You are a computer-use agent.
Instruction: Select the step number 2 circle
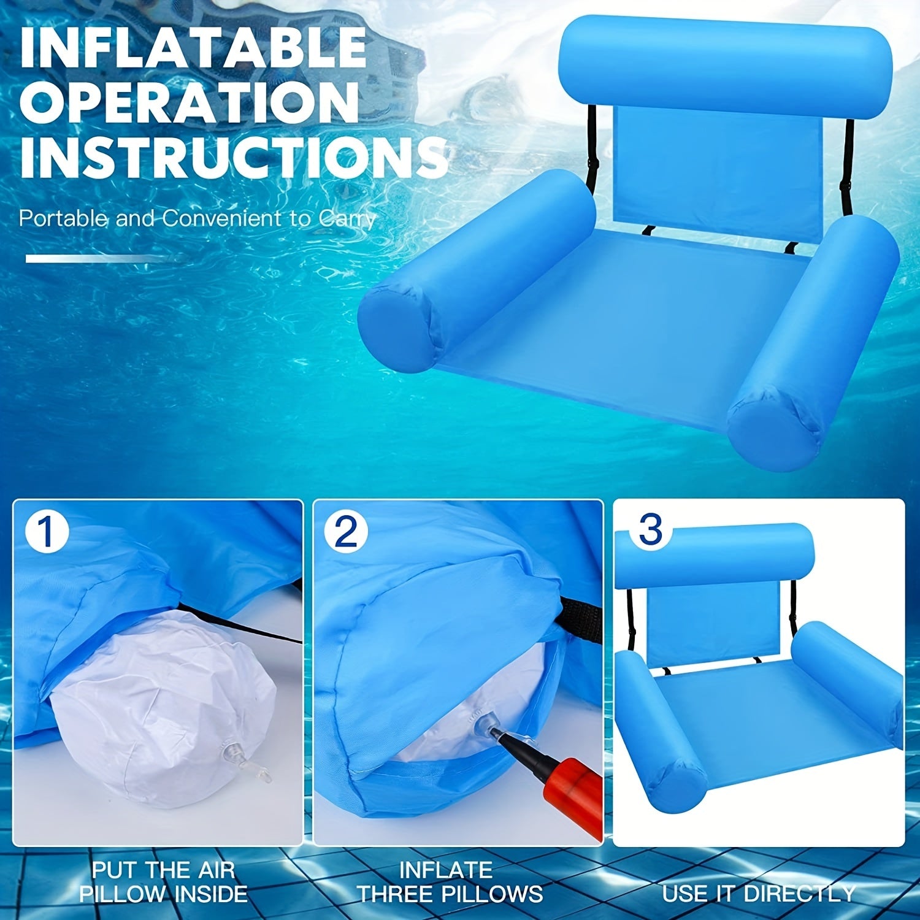pyautogui.click(x=345, y=532)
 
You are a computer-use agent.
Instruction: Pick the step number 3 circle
pyautogui.click(x=650, y=529)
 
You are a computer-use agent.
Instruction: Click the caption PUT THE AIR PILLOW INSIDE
pyautogui.click(x=163, y=881)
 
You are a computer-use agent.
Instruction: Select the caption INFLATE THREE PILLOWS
pyautogui.click(x=450, y=881)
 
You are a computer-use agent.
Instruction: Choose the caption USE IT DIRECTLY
pyautogui.click(x=758, y=893)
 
